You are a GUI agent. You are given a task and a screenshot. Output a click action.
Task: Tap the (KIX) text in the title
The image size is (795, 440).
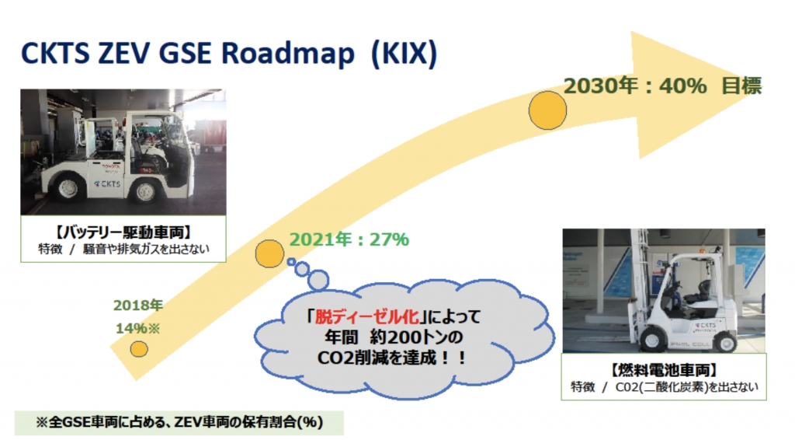[x=404, y=54]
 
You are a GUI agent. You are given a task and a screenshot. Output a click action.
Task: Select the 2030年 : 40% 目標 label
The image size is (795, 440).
[x=663, y=86]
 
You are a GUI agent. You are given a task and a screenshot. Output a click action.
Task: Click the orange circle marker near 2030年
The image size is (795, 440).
[x=547, y=110]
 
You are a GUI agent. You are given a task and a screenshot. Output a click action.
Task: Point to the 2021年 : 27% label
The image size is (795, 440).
[x=349, y=239]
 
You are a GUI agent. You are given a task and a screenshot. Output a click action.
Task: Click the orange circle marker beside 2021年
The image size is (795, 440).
[x=269, y=253]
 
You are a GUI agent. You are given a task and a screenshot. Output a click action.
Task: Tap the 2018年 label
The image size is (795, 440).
[x=138, y=306]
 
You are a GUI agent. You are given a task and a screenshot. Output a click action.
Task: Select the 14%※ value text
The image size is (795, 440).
[x=138, y=328]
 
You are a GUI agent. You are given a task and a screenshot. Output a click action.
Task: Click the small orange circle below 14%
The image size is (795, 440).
[x=139, y=349]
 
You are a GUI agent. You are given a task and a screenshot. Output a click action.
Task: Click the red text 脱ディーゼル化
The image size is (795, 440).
[x=367, y=316]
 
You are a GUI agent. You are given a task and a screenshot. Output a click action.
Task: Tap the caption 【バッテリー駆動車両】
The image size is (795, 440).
[x=123, y=233]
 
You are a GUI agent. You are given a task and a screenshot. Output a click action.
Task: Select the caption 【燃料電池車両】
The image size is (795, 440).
[x=663, y=370]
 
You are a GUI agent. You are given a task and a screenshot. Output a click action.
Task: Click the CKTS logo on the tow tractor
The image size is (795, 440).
[x=107, y=183]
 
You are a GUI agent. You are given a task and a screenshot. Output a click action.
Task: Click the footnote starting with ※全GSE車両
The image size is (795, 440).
[x=179, y=422]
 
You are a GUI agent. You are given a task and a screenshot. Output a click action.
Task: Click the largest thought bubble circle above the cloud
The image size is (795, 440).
[x=318, y=280]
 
